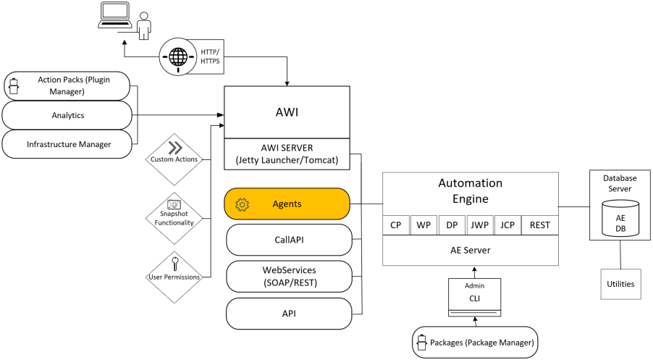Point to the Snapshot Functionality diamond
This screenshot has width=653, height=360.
pos(174,214)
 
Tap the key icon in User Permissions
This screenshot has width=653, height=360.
pos(174,262)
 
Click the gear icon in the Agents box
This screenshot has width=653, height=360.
pos(243,204)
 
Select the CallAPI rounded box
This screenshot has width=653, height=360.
pos(288,239)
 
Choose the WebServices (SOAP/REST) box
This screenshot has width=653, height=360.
pos(288,276)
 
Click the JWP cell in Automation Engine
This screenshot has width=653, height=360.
pos(479,225)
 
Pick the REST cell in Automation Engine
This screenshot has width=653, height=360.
pos(539,225)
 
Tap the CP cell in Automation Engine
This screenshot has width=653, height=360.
pos(396,225)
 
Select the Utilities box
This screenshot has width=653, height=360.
pos(620,284)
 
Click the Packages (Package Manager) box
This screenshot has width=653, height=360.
pos(474,342)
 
